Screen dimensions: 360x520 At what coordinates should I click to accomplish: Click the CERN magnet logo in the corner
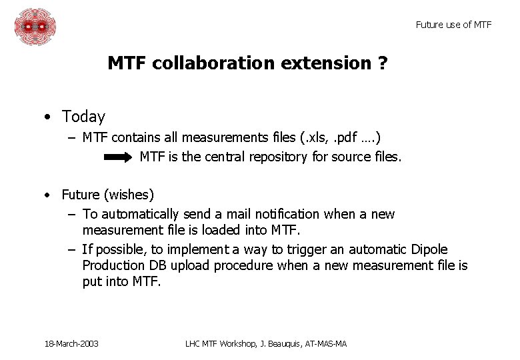[35, 27]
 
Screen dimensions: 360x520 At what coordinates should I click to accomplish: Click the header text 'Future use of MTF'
[453, 25]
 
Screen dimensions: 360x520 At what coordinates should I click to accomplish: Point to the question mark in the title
[383, 64]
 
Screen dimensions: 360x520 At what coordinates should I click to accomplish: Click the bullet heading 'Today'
[83, 117]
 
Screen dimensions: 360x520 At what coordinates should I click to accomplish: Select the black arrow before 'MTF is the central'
[119, 157]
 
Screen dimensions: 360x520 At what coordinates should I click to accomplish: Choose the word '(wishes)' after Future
[129, 195]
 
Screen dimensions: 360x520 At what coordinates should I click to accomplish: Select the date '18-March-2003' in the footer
[71, 343]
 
